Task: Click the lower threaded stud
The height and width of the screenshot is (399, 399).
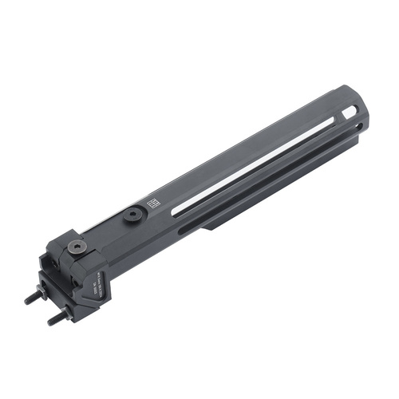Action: (55, 318)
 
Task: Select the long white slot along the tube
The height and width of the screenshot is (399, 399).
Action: (255, 160)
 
